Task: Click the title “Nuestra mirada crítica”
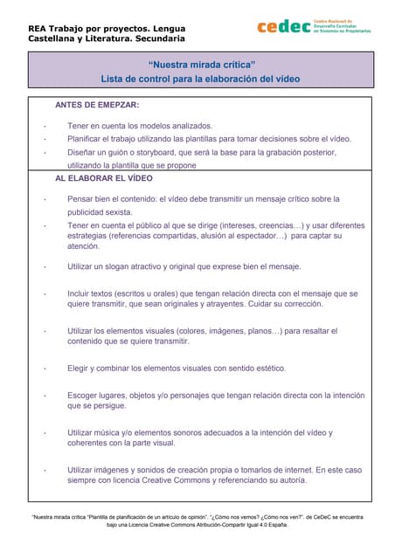tap(201, 65)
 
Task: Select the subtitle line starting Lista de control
tap(200, 79)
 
